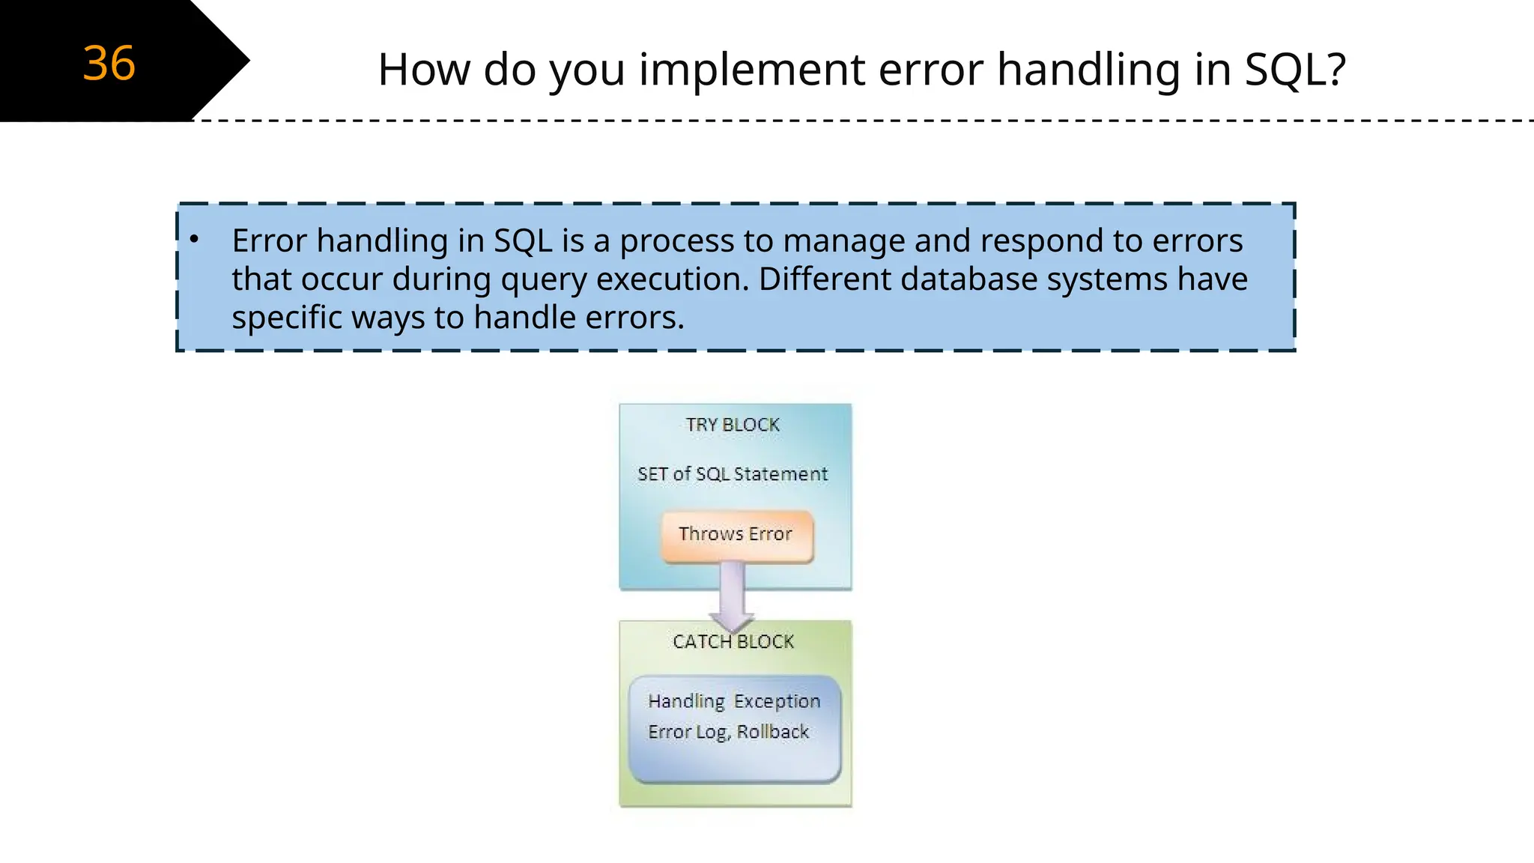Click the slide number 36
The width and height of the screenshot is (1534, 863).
(x=109, y=63)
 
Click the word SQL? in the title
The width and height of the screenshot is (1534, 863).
(x=1295, y=70)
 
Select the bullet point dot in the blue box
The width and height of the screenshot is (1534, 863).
(x=194, y=239)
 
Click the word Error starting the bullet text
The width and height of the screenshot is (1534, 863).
(x=270, y=240)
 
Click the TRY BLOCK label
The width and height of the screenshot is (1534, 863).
(x=733, y=425)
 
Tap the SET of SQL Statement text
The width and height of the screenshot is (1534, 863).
(x=733, y=474)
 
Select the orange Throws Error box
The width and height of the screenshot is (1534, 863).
(x=736, y=535)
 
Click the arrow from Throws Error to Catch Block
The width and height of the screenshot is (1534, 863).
(x=733, y=596)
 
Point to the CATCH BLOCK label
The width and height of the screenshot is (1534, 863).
(x=733, y=642)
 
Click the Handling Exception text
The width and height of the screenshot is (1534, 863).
(x=734, y=701)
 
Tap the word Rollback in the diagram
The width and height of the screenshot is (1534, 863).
(x=772, y=732)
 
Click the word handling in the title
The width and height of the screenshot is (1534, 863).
(x=1084, y=70)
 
